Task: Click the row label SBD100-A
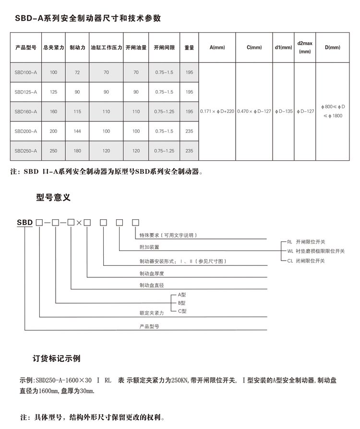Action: pos(25,72)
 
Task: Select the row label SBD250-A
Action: pos(25,151)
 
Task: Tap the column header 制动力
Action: pos(77,48)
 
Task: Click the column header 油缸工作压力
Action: pos(106,48)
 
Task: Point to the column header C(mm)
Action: pos(254,48)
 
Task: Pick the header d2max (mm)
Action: pos(305,47)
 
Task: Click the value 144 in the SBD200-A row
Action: pos(77,131)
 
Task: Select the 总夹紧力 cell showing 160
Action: pos(53,111)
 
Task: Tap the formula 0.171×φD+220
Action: pos(217,111)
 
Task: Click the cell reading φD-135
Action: pos(283,111)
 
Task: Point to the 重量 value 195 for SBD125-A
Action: pos(189,92)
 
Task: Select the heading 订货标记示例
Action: pos(56,358)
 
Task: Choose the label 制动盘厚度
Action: pos(153,274)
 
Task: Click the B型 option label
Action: pos(181,303)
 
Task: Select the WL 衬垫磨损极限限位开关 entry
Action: pos(315,251)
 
